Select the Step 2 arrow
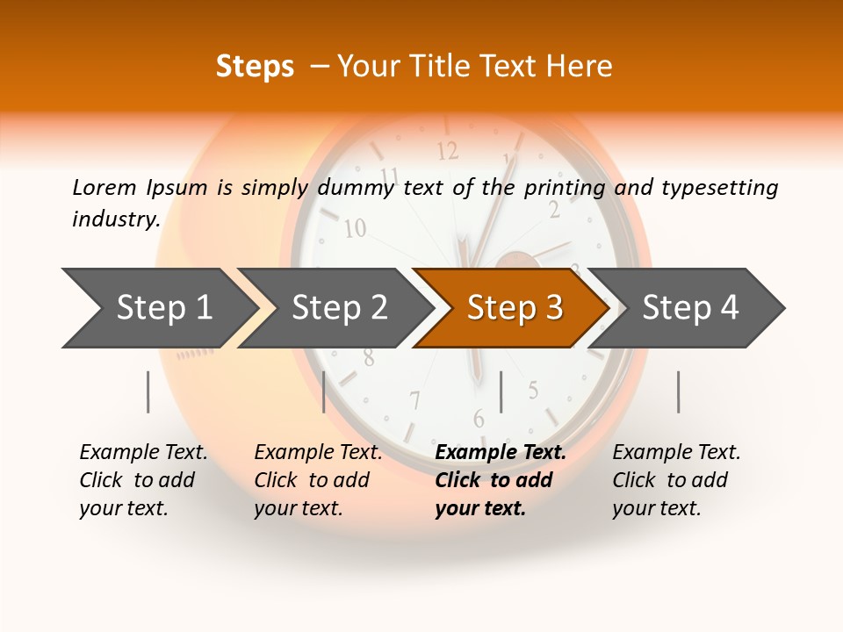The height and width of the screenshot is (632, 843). [339, 308]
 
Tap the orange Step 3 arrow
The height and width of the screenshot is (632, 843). [515, 308]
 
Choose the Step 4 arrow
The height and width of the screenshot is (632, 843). [690, 308]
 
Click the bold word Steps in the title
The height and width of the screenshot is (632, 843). [255, 67]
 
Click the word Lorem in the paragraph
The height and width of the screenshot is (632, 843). [104, 187]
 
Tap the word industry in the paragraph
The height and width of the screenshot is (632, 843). [115, 219]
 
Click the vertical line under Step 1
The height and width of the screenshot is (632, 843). [148, 391]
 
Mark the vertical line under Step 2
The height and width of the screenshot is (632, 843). [324, 391]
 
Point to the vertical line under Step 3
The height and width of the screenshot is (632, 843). [501, 391]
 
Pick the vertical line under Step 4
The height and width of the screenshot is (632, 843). [679, 391]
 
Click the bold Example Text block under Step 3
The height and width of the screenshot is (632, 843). [501, 480]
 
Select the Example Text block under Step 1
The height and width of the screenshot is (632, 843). [143, 480]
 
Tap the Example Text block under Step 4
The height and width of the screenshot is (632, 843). [676, 480]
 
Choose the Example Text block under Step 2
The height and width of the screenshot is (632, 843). [318, 480]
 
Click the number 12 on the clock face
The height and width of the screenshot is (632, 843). [448, 151]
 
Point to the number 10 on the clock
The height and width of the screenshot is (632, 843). [355, 229]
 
